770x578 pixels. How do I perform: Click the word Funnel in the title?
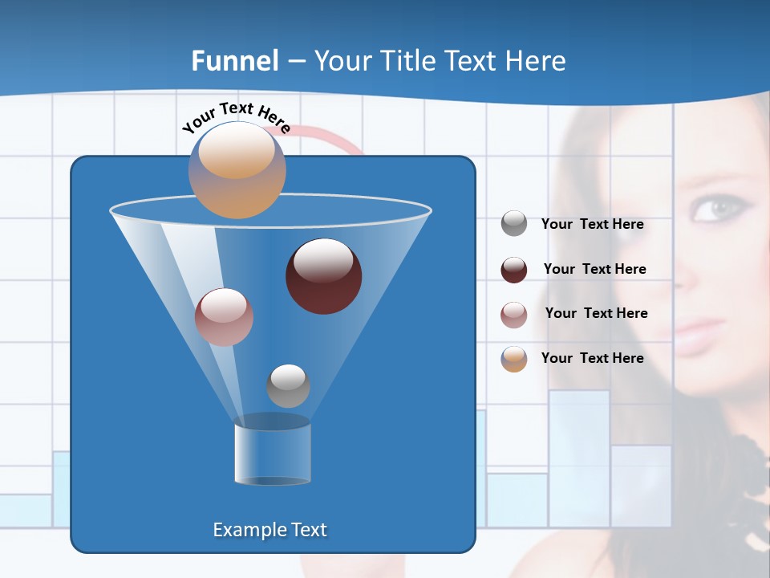[x=234, y=61]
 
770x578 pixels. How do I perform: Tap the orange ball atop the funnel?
[x=237, y=169]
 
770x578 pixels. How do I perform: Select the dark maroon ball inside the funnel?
[x=323, y=275]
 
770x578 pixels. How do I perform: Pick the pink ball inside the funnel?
[x=224, y=317]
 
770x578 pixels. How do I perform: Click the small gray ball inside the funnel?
[x=288, y=385]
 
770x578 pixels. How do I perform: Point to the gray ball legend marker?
[x=514, y=224]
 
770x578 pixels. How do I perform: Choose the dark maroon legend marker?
[x=514, y=270]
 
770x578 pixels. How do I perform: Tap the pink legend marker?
[x=514, y=314]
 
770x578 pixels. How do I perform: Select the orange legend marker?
[x=514, y=359]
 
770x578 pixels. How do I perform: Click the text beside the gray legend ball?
[x=592, y=225]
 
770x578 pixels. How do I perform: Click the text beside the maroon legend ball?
[x=594, y=269]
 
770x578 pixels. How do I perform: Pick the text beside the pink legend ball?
[x=596, y=313]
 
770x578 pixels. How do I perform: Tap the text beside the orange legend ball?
[x=592, y=358]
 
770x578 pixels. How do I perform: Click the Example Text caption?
[x=269, y=530]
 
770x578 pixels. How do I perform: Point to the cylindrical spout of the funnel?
[x=272, y=454]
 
